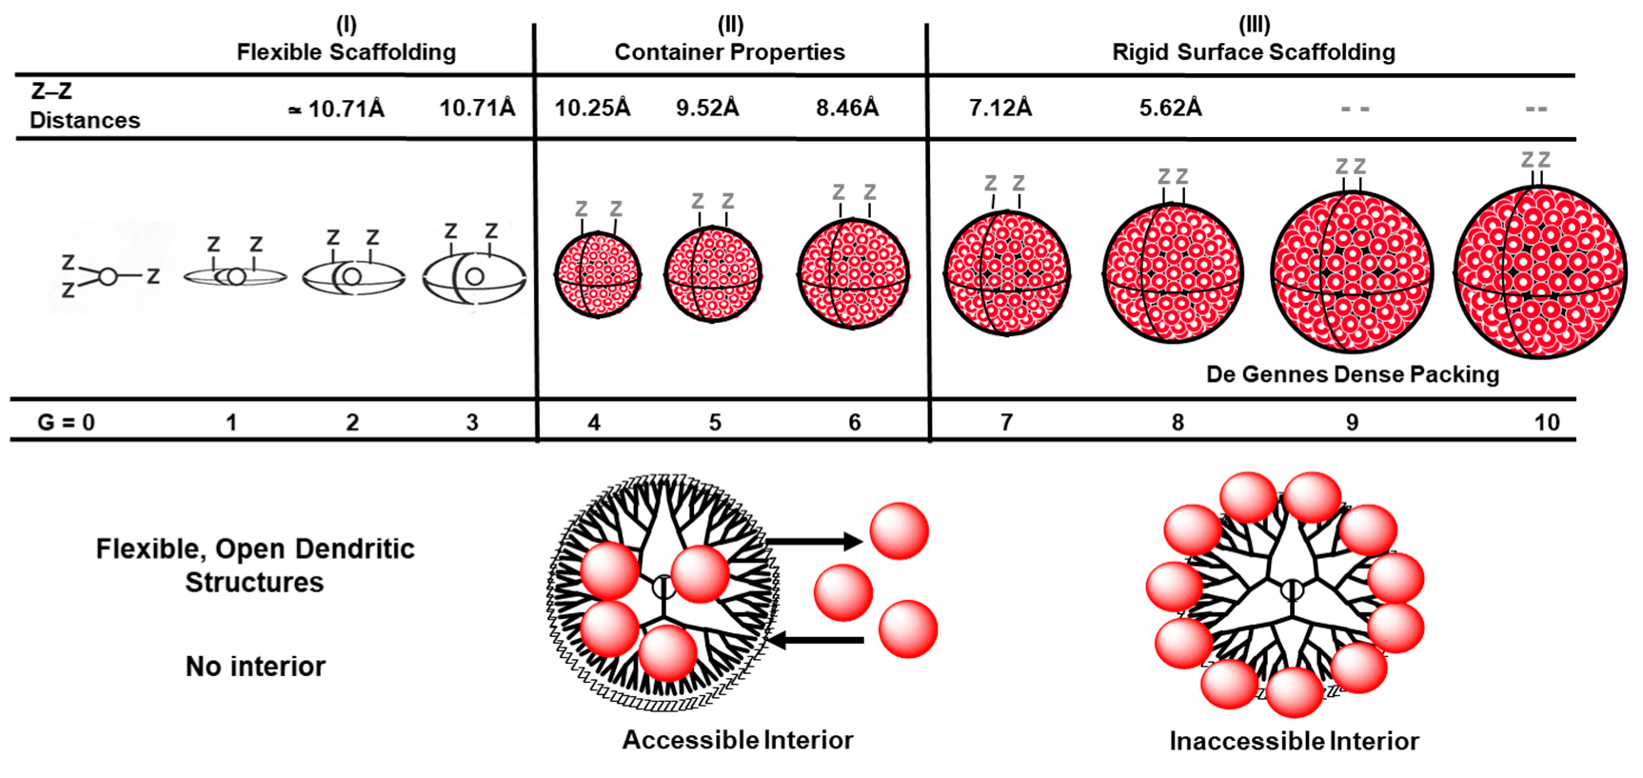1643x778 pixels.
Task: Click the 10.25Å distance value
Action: click(x=592, y=108)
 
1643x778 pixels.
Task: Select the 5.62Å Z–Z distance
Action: click(x=1170, y=108)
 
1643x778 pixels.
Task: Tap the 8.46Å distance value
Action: click(x=846, y=108)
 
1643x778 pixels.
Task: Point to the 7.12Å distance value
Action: click(x=1000, y=108)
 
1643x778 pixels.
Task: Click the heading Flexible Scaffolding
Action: click(x=346, y=51)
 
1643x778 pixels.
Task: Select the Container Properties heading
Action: click(x=729, y=51)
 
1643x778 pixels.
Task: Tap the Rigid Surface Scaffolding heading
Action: click(x=1253, y=51)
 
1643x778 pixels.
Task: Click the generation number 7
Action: click(x=1006, y=422)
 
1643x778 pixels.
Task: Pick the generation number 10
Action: click(x=1546, y=422)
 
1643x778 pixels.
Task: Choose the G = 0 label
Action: click(x=66, y=422)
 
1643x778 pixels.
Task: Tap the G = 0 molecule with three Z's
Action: click(x=109, y=276)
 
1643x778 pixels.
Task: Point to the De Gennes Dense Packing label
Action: click(x=1352, y=374)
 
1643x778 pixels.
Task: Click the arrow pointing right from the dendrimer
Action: click(x=814, y=542)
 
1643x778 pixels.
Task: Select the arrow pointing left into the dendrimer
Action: click(x=816, y=640)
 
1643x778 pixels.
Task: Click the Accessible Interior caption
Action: click(x=738, y=740)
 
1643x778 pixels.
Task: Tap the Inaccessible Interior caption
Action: click(x=1294, y=741)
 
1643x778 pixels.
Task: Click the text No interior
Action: click(x=255, y=666)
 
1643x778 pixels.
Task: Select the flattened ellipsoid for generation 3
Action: click(x=474, y=278)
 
